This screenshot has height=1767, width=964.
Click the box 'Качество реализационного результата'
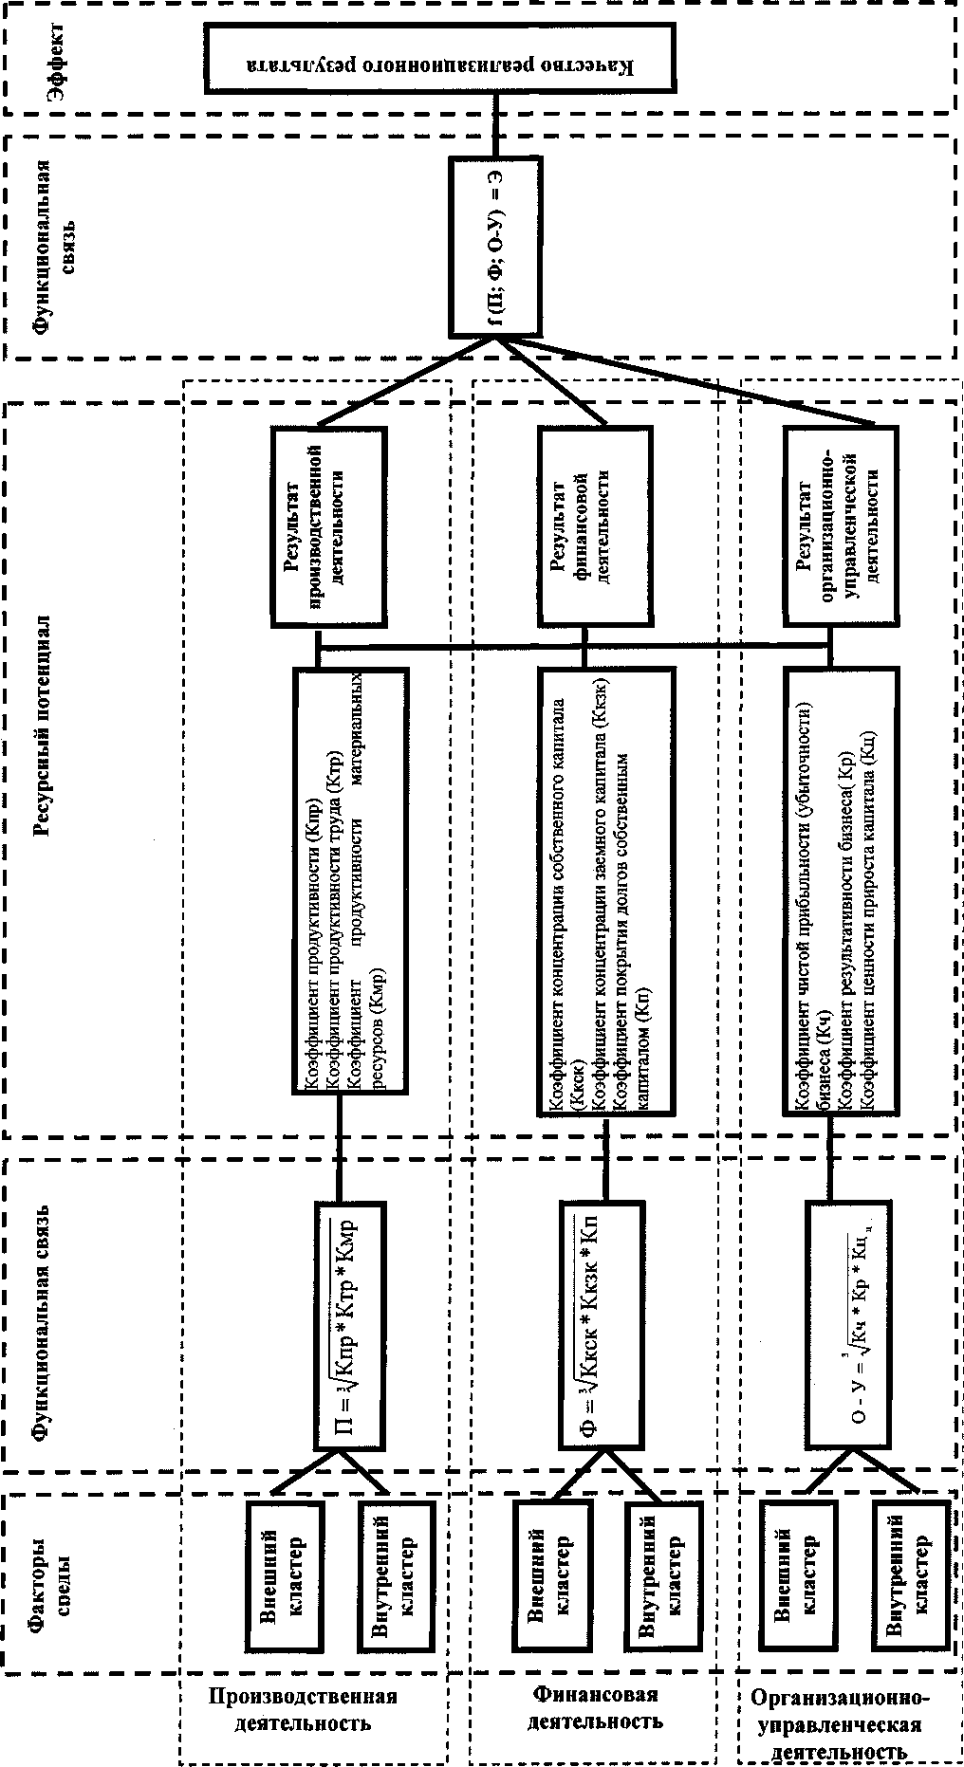click(x=440, y=58)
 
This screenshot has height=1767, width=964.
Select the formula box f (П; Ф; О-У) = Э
click(x=494, y=246)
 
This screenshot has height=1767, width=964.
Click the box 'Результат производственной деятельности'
click(x=328, y=526)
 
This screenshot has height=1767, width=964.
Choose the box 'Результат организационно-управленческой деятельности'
click(x=841, y=526)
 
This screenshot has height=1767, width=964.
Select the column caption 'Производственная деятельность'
click(x=303, y=1708)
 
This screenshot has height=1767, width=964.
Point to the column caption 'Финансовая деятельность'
click(x=596, y=1706)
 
